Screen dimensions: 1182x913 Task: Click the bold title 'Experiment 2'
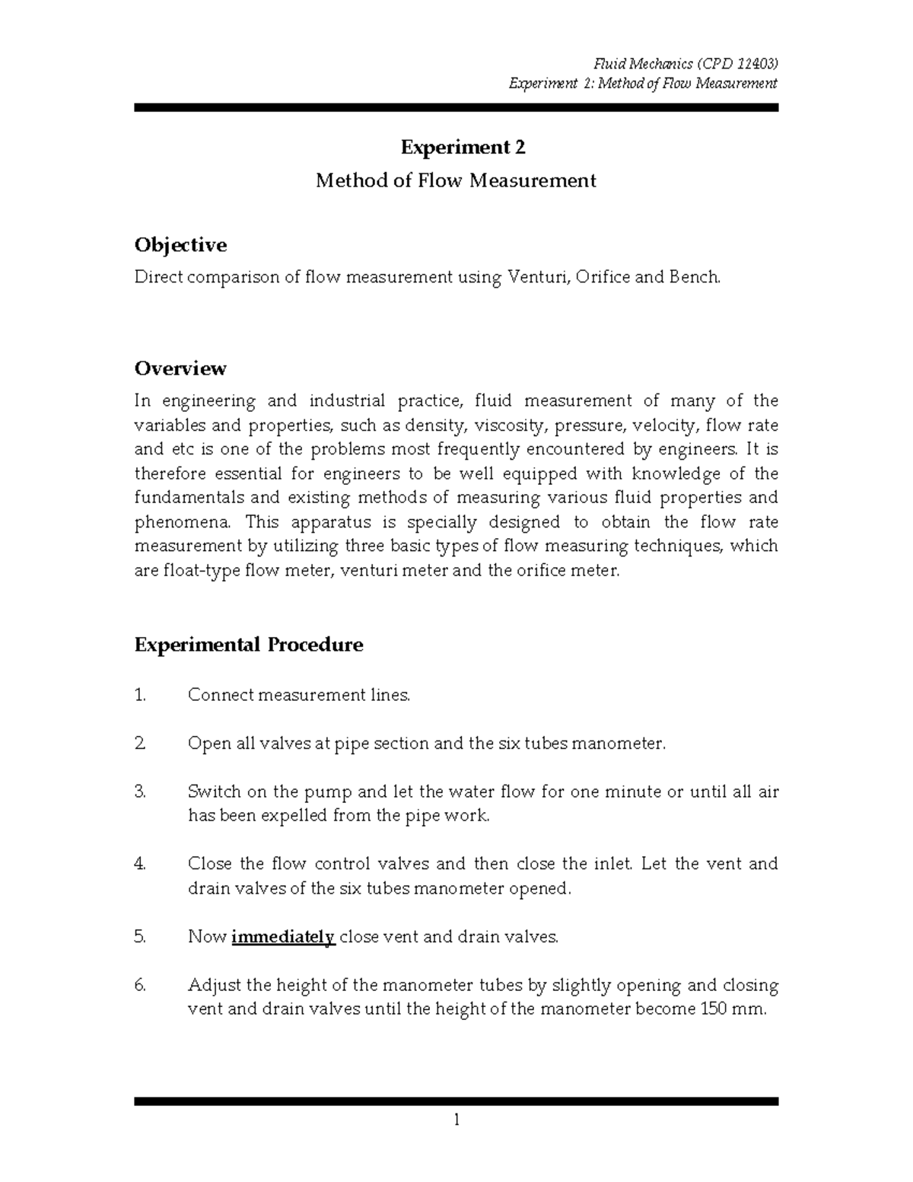click(x=463, y=147)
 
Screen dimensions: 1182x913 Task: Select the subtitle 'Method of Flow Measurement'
click(x=456, y=180)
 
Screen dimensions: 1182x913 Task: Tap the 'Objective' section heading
click(x=180, y=245)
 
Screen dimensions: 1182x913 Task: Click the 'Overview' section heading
click(x=180, y=368)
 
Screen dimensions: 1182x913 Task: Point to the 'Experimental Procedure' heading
click(x=249, y=645)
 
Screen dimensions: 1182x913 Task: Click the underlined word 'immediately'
click(x=283, y=937)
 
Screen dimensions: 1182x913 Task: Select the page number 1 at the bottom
click(x=456, y=1120)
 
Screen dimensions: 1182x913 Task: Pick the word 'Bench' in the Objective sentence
click(x=692, y=278)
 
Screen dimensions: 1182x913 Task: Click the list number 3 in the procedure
click(x=139, y=792)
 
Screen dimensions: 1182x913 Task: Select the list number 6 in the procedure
click(x=139, y=986)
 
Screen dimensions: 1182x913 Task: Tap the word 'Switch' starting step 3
click(x=215, y=792)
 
